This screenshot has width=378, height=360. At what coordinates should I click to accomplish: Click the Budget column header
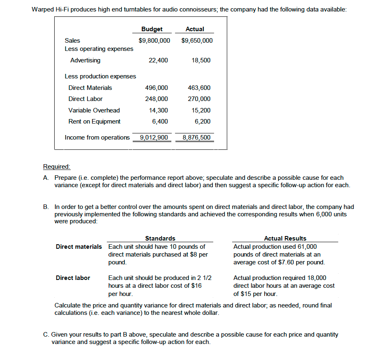click(x=152, y=29)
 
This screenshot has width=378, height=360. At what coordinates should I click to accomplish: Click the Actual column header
click(x=195, y=29)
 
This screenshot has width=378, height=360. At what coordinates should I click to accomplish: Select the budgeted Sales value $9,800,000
click(x=154, y=41)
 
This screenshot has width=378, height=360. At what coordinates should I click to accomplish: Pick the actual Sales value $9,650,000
click(x=197, y=41)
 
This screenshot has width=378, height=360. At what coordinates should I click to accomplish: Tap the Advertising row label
click(x=85, y=60)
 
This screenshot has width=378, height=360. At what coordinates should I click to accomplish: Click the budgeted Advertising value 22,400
click(x=158, y=60)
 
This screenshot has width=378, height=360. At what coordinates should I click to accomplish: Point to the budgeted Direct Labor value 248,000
click(x=157, y=99)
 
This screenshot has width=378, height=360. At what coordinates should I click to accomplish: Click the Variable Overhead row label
click(x=94, y=110)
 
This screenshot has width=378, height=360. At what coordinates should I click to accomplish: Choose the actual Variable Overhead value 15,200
click(x=201, y=110)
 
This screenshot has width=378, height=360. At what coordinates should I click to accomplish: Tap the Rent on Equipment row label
click(x=94, y=122)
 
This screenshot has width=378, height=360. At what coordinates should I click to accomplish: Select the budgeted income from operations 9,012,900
click(x=154, y=138)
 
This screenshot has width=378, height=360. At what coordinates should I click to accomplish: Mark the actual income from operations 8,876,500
click(x=196, y=138)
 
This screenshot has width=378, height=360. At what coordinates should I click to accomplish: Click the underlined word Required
click(x=57, y=167)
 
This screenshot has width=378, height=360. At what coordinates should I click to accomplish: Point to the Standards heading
click(x=160, y=238)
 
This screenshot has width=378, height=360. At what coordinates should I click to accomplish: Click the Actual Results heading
click(x=285, y=238)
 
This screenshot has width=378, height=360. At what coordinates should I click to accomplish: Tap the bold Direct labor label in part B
click(x=73, y=278)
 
